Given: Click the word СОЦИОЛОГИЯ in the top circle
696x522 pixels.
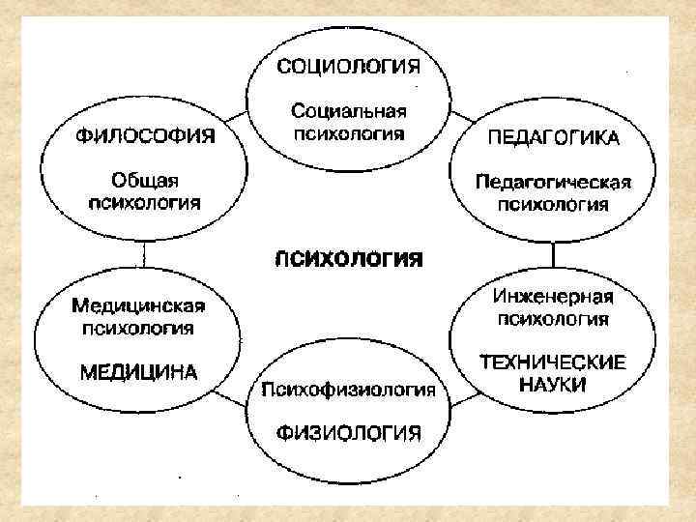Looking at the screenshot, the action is click(x=349, y=67).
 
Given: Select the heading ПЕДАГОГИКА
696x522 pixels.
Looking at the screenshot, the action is click(x=552, y=136).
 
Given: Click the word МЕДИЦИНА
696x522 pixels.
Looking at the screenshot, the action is click(x=138, y=371).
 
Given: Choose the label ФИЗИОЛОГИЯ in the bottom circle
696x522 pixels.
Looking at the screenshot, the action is click(x=349, y=432).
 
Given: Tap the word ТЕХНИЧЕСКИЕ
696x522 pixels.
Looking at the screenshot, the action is click(x=553, y=362).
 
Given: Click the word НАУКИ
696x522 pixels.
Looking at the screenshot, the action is click(x=553, y=384).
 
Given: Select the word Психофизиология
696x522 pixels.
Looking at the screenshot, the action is click(x=349, y=391).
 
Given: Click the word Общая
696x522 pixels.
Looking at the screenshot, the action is click(x=144, y=181).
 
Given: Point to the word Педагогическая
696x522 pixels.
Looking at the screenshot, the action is click(x=553, y=182).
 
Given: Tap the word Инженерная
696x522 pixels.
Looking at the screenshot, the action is click(x=553, y=295).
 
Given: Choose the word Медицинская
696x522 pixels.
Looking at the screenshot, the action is click(x=138, y=306).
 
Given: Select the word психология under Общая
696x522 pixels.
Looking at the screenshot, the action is click(x=144, y=202).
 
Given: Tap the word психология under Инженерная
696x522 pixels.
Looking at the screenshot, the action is click(x=553, y=317).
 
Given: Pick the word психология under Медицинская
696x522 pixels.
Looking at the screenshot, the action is click(x=138, y=328).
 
